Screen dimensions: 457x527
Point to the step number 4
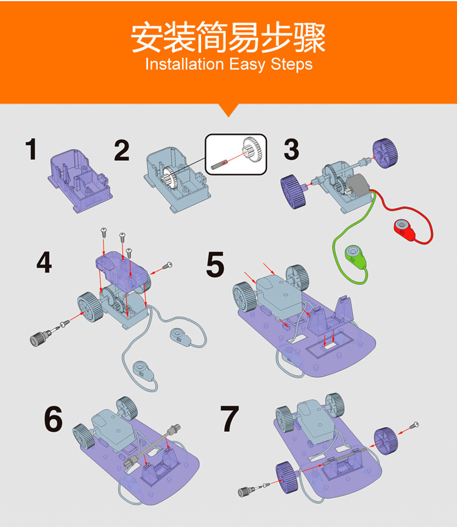44,262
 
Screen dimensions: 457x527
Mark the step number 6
53,419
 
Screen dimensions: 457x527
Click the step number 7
230,419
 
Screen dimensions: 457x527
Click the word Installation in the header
185,64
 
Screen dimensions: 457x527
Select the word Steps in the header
291,65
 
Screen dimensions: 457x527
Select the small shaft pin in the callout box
219,164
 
